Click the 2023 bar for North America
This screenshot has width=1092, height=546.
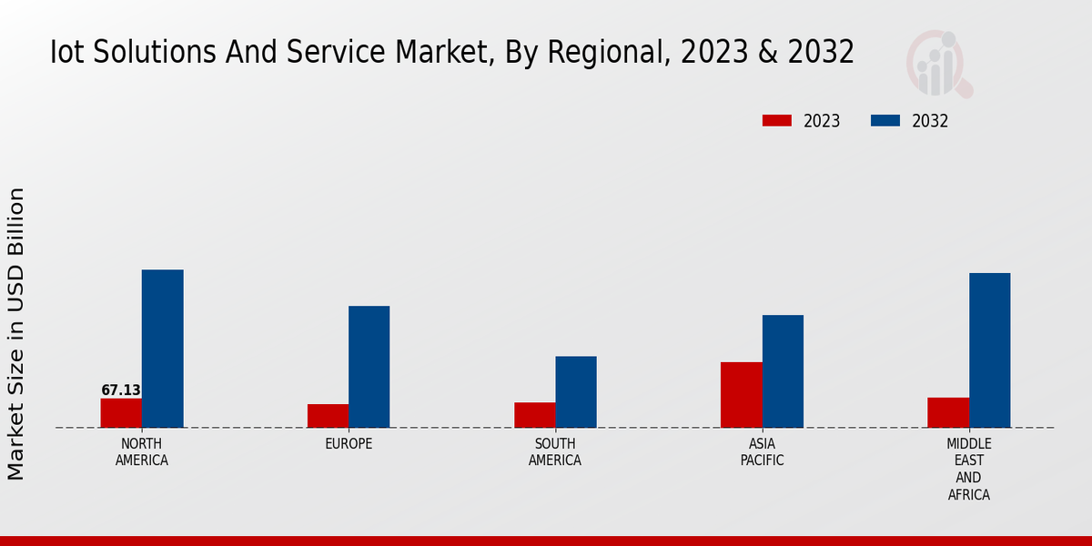coord(121,413)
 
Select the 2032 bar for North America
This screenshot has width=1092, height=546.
coord(162,349)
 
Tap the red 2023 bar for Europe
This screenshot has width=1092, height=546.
coord(328,416)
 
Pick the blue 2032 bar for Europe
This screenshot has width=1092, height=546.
coord(369,367)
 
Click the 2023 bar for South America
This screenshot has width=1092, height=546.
coord(534,415)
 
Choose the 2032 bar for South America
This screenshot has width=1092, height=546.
coord(576,391)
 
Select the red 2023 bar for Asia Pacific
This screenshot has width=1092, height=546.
coord(741,395)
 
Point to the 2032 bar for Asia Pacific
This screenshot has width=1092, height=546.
coord(783,371)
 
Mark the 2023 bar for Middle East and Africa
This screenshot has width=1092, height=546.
coord(948,412)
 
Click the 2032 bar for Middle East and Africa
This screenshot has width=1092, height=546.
coord(989,350)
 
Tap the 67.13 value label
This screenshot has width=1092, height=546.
coord(121,390)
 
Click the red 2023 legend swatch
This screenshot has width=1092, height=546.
coord(777,121)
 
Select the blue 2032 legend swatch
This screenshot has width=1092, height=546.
coord(885,121)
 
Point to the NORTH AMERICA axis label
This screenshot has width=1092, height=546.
coord(142,452)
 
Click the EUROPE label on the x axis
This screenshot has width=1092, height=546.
coord(349,444)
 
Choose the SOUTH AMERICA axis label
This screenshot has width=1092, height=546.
coord(555,452)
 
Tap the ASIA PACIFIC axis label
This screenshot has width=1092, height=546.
coord(762,452)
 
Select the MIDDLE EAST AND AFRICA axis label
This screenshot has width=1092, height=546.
coord(968,470)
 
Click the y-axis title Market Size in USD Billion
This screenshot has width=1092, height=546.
coord(16,334)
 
